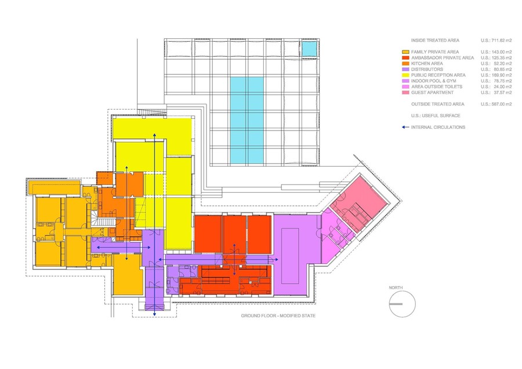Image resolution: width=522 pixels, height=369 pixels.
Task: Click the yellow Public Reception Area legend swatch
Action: coord(405,75)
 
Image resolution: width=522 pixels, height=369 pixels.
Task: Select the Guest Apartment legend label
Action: coord(432,93)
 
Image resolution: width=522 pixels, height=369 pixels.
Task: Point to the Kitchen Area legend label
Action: coord(427,64)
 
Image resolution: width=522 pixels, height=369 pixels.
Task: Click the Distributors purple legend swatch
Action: coord(405,69)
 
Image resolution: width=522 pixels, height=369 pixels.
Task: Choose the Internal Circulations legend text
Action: coord(438,127)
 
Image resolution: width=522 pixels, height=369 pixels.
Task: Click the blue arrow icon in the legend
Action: coord(405,127)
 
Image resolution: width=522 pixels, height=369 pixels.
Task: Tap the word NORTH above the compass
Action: coord(396,288)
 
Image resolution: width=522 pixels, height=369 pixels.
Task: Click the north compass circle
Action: coord(403,291)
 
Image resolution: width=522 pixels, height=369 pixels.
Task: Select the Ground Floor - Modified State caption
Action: coord(278,316)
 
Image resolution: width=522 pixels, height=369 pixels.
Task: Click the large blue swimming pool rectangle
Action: coord(246,121)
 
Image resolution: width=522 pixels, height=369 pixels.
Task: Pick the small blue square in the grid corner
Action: coord(309,49)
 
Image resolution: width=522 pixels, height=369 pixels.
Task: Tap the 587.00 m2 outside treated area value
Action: coord(496,104)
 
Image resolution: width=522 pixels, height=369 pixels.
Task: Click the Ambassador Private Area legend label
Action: coord(443,58)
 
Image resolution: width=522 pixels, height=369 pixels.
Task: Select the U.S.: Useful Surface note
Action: coord(436,116)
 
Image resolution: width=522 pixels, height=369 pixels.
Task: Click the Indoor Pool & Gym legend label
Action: coord(433,81)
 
